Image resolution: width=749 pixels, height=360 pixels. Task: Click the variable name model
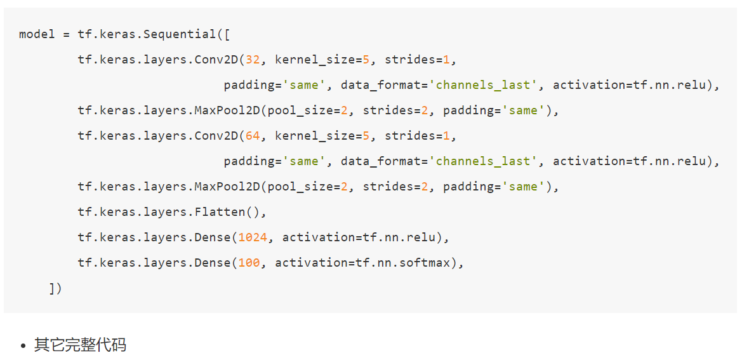pyautogui.click(x=37, y=34)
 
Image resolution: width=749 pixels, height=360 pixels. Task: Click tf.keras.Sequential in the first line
pyautogui.click(x=147, y=34)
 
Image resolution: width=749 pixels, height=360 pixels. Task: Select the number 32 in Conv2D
pyautogui.click(x=253, y=60)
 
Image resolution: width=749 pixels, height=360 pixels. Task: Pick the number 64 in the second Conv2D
pyautogui.click(x=253, y=136)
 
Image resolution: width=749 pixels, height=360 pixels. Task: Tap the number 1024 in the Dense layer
pyautogui.click(x=253, y=237)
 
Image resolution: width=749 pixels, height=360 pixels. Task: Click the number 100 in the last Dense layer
pyautogui.click(x=249, y=263)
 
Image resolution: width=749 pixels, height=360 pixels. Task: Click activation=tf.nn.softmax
pyautogui.click(x=362, y=263)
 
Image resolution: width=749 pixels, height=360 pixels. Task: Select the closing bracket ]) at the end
pyautogui.click(x=55, y=288)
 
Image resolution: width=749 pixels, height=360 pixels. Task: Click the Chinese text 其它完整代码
pyautogui.click(x=80, y=345)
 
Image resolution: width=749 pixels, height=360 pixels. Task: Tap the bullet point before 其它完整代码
pyautogui.click(x=23, y=346)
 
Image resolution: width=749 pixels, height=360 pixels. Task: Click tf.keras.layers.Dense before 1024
pyautogui.click(x=154, y=237)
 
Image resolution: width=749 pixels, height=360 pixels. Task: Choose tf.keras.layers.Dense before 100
pyautogui.click(x=154, y=263)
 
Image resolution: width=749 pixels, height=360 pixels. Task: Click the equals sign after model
pyautogui.click(x=66, y=34)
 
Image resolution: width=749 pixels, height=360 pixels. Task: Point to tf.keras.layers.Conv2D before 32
pyautogui.click(x=157, y=60)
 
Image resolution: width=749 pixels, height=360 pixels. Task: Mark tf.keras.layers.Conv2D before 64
pyautogui.click(x=157, y=136)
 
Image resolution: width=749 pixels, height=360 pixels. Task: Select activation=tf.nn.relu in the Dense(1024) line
pyautogui.click(x=362, y=237)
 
